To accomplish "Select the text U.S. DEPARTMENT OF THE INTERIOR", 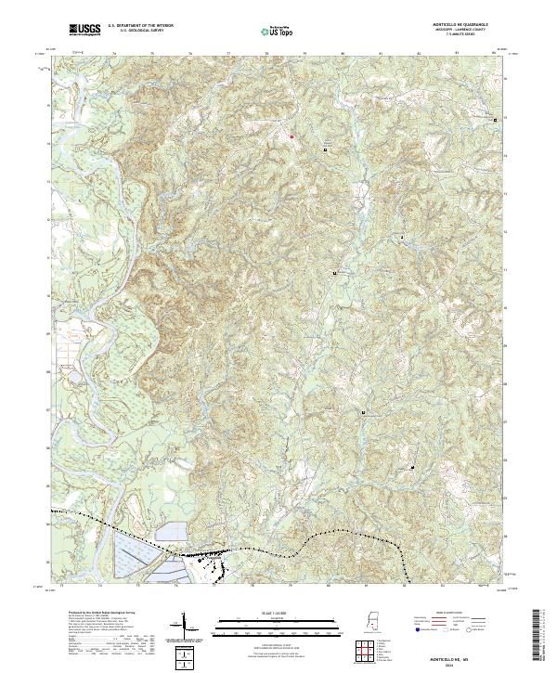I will pos(140,26).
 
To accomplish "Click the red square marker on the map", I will pos(291,136).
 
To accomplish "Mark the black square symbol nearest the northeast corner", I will pos(495,120).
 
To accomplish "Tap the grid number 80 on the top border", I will pos(343,55).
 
